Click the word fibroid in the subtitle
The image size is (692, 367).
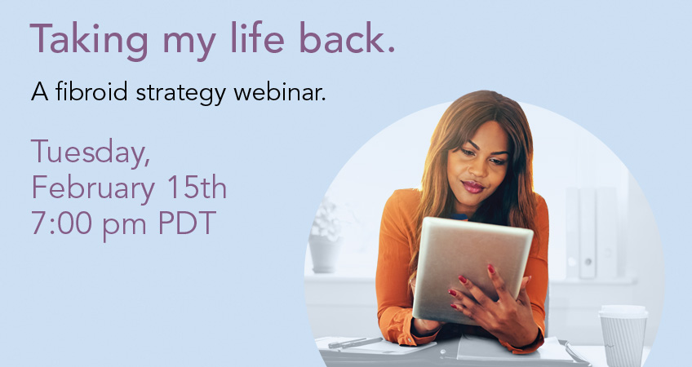click(91, 91)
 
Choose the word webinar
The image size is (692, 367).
click(280, 91)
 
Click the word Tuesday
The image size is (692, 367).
click(90, 153)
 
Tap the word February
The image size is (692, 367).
click(93, 188)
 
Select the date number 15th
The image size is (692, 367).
click(197, 187)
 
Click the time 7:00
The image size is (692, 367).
click(61, 223)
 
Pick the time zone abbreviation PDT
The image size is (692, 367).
click(187, 223)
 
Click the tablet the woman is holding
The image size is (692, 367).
click(472, 270)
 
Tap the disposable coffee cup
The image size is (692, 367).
click(623, 335)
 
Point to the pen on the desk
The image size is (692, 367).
click(355, 343)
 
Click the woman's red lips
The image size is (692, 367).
click(472, 187)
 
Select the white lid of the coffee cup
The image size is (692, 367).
click(623, 312)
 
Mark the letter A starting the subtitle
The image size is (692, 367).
click(40, 91)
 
